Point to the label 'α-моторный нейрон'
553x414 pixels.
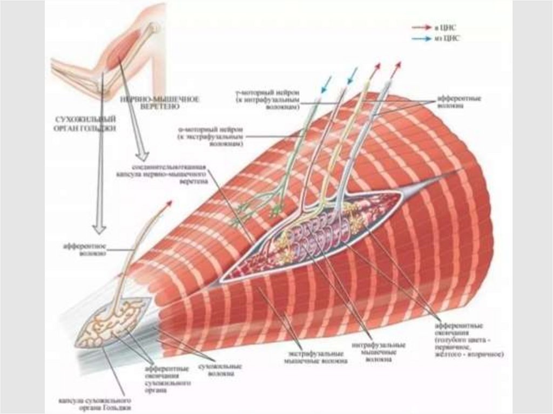(211, 130)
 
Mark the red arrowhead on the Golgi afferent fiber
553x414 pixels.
(169, 203)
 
